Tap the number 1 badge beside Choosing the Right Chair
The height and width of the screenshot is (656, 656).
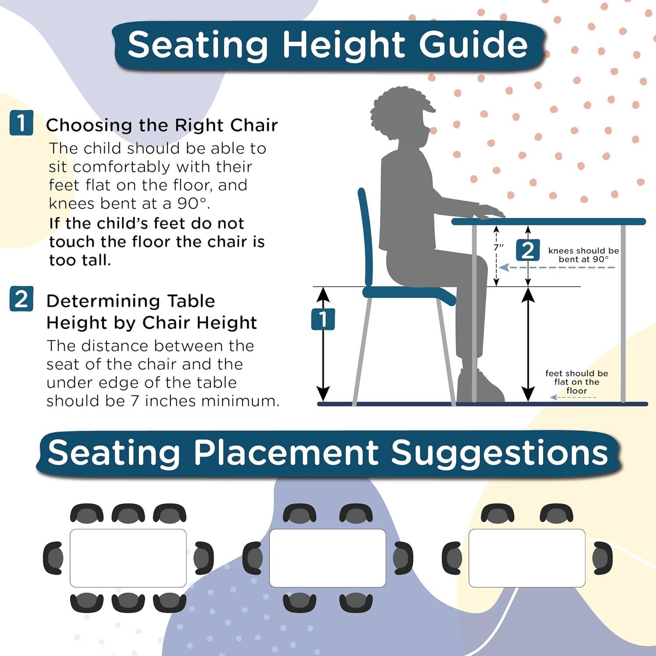coord(21,123)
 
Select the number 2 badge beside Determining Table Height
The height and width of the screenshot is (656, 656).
coord(21,299)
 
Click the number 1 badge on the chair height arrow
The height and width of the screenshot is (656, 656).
coord(323,319)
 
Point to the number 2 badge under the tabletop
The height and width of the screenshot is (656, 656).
coord(528,251)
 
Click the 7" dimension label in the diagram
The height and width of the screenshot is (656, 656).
coord(499,247)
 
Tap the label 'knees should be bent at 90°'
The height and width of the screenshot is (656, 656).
coord(583,255)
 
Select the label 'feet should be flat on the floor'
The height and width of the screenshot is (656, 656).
coord(576,382)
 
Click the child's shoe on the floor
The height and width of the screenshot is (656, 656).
coord(481,387)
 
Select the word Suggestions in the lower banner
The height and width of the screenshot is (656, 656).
coord(499,453)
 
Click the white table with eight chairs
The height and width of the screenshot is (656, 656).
coord(128,558)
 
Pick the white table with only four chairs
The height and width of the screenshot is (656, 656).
coord(527,558)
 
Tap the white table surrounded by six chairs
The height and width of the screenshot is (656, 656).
coord(328,558)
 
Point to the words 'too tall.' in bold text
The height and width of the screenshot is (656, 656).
coord(80,260)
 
